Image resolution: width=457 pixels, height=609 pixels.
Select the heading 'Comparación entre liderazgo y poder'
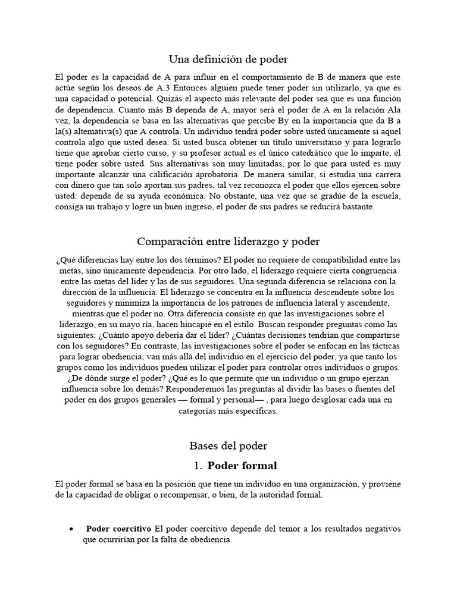point(228,241)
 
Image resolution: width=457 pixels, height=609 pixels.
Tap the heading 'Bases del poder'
point(228,445)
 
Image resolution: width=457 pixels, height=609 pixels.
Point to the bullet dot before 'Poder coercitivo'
point(71,529)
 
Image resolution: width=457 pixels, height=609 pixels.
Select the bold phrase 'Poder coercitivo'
point(118,529)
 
